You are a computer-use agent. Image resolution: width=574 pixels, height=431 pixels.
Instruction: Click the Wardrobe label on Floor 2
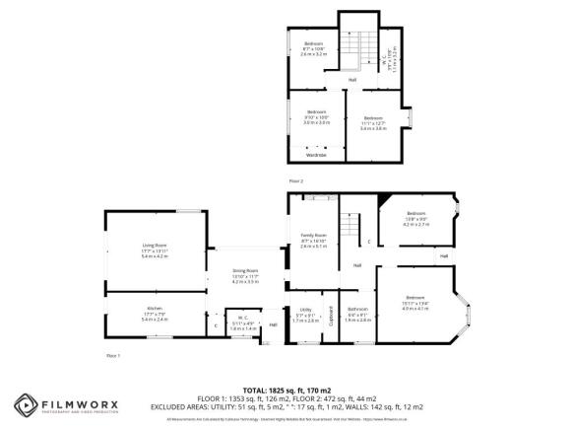pos(315,155)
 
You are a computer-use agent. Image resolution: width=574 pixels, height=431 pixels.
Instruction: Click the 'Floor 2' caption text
pos(296,181)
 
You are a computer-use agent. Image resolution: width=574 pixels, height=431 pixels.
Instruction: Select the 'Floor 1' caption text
pos(111,353)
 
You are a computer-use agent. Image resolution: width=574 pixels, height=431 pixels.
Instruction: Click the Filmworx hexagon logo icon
pos(26,404)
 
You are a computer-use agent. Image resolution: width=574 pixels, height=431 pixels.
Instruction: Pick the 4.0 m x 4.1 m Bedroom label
pos(415,302)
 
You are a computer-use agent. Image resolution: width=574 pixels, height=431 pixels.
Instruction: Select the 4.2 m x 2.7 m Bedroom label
pos(416,217)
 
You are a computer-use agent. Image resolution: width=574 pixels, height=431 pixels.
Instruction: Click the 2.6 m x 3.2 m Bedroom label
pos(313,46)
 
